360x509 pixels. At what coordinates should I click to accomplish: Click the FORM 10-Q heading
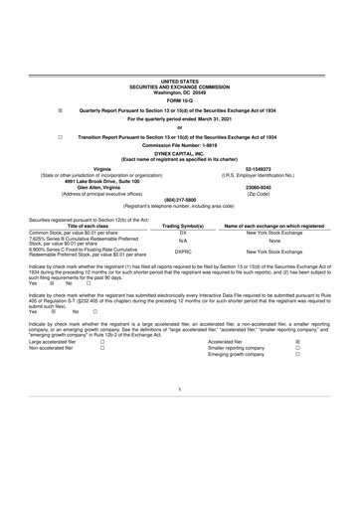(x=179, y=101)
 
